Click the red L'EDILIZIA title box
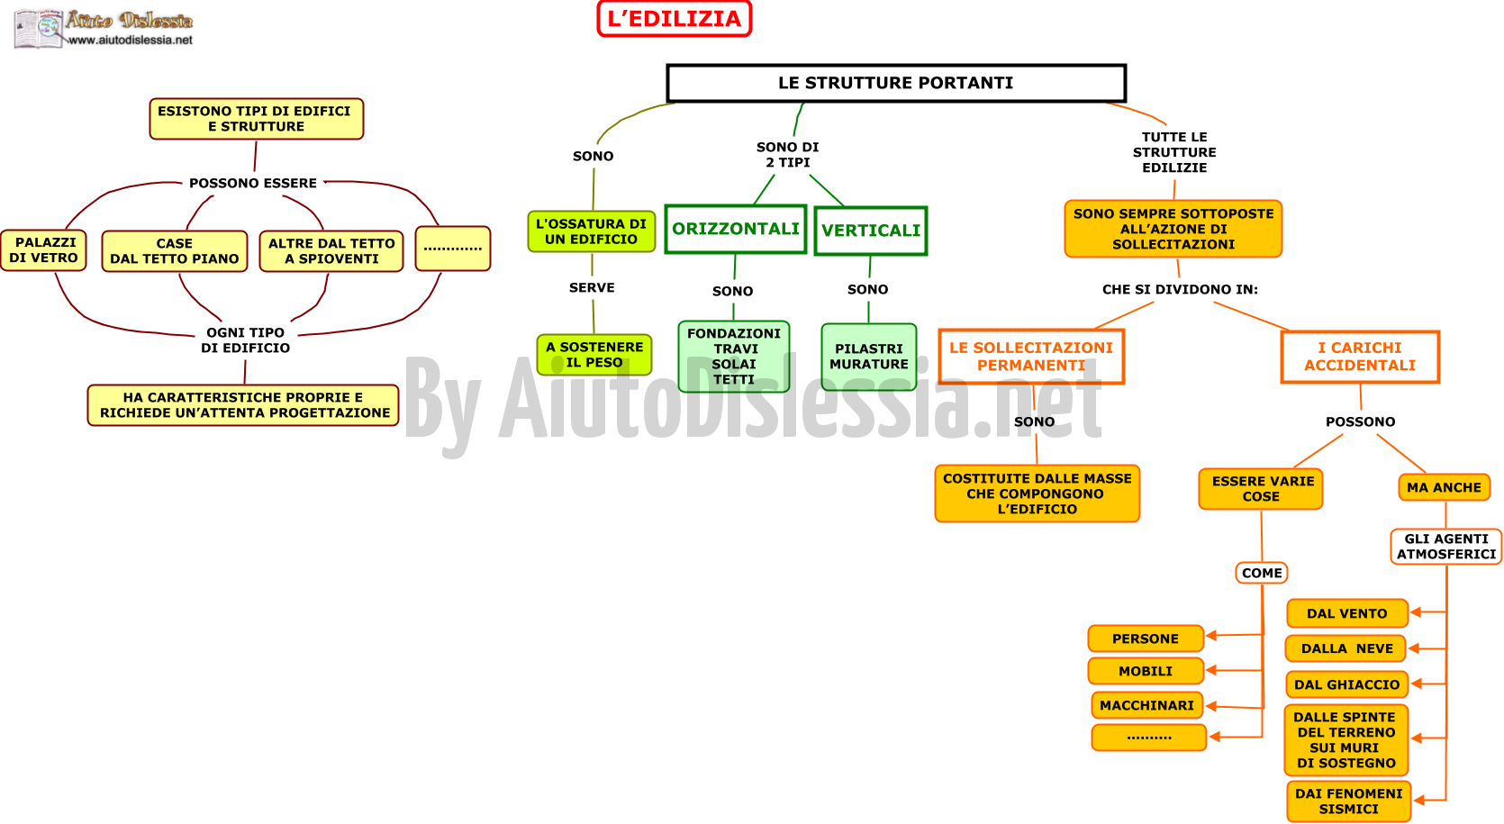click(x=675, y=18)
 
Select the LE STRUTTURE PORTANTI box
click(x=896, y=83)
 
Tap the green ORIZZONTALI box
click(x=735, y=229)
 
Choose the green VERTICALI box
click(x=871, y=231)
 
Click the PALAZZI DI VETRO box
click(x=43, y=250)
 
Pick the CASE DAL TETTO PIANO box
click(x=175, y=251)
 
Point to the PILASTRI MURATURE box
click(x=869, y=357)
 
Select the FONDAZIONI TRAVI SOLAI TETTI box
click(x=734, y=357)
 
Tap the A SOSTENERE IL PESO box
click(x=594, y=355)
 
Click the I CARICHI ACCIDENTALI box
click(x=1360, y=357)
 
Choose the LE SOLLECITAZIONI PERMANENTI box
click(x=1030, y=357)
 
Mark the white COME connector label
click(x=1262, y=573)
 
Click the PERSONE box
click(x=1146, y=638)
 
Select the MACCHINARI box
click(x=1146, y=705)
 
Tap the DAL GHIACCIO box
click(x=1346, y=684)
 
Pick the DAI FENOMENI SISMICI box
click(x=1348, y=801)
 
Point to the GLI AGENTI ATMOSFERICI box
click(x=1445, y=547)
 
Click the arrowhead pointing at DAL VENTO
click(x=1415, y=611)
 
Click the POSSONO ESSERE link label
click(x=252, y=184)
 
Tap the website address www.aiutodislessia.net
click(x=131, y=41)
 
